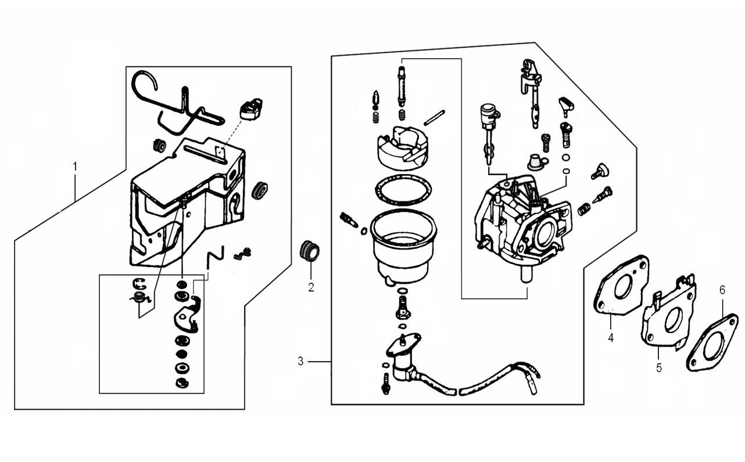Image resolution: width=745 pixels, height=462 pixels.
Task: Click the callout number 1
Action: (75, 167)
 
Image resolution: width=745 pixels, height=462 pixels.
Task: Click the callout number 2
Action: (311, 287)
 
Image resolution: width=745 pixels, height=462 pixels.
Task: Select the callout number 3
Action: (300, 361)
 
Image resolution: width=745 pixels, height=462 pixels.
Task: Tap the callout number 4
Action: (611, 337)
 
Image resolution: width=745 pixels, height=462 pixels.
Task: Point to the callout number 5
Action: (659, 367)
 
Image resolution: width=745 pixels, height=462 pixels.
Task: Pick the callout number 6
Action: (722, 290)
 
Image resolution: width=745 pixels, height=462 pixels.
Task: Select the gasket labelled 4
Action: (621, 286)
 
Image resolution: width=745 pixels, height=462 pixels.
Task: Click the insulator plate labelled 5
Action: (669, 316)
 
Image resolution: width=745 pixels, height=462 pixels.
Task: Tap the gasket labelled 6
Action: (712, 344)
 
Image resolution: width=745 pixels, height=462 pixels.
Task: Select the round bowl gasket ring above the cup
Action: (403, 190)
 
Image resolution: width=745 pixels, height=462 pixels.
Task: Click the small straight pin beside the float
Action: (434, 117)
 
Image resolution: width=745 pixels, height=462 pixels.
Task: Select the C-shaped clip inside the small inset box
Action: (138, 283)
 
